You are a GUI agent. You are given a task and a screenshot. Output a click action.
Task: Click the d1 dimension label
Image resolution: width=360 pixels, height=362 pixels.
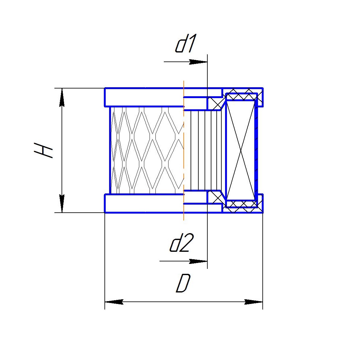point(185,45)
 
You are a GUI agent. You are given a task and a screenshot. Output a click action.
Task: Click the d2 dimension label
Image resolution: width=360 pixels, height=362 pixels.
point(182,243)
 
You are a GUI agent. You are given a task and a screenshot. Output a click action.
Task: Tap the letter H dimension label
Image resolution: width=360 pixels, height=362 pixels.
point(44,150)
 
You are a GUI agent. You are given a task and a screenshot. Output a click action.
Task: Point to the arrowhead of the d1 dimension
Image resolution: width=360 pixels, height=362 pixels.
point(198,62)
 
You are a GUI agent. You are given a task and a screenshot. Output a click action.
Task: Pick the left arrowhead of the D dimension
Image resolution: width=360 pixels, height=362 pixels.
point(114,302)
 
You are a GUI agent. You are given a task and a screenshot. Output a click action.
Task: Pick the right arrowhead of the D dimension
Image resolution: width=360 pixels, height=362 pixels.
point(254,302)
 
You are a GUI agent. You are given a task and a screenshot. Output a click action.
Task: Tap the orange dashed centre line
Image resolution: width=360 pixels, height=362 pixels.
point(184,149)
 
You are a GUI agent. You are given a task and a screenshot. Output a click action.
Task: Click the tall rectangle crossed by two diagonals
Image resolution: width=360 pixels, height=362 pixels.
point(241,150)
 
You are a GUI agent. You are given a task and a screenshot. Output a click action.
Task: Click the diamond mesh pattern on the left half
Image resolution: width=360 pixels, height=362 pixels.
point(146,149)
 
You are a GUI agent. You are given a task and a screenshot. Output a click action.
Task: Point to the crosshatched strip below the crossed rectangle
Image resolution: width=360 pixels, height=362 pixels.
point(241,205)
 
